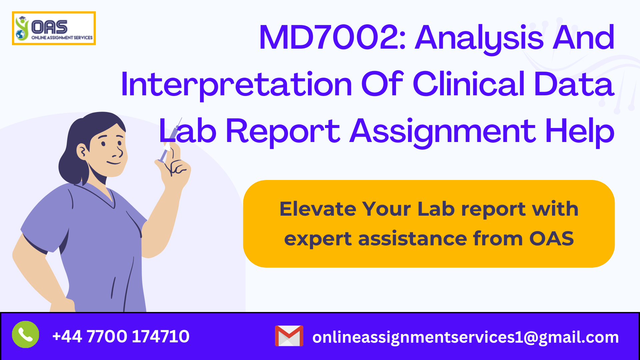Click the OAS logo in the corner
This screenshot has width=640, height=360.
click(x=54, y=28)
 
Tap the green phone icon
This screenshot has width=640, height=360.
click(x=26, y=334)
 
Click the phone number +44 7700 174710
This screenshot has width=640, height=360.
click(x=121, y=336)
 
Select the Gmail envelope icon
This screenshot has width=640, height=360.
click(x=289, y=336)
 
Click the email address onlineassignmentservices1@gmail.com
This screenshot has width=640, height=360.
click(x=465, y=337)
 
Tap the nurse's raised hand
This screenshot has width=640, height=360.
click(x=175, y=167)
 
